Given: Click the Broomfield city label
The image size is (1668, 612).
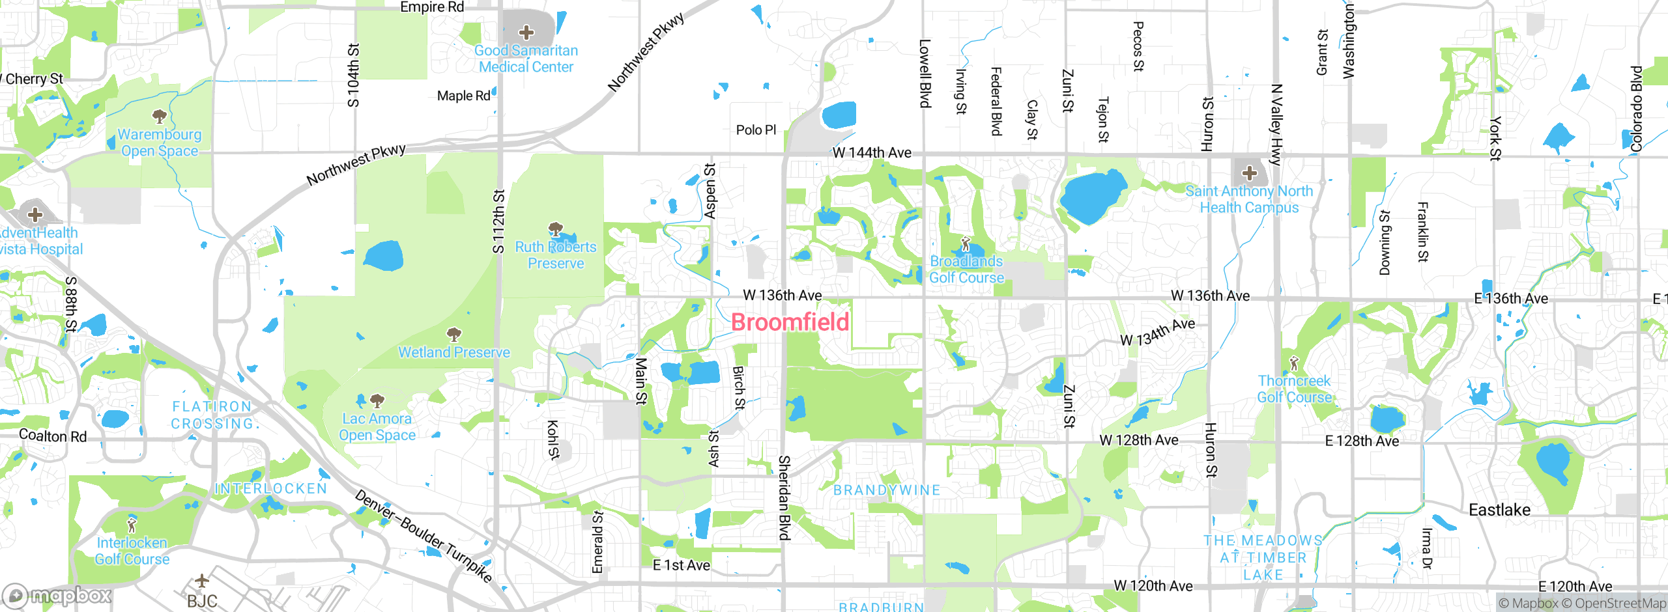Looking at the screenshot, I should tap(790, 322).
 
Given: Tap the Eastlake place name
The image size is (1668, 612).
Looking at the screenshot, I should tap(1499, 510).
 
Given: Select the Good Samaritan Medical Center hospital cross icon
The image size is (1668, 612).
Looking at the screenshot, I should tap(526, 33).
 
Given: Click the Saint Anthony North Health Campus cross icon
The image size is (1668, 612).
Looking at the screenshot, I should tap(1249, 173).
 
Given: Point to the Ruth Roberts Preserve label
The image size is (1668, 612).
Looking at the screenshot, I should tap(556, 255).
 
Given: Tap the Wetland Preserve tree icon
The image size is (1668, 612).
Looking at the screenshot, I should tap(454, 335).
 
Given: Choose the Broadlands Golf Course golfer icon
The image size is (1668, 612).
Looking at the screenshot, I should tap(966, 244).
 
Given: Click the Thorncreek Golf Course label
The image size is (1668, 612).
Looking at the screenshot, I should tap(1294, 389).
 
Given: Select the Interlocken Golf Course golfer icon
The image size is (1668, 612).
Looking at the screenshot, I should tap(132, 525).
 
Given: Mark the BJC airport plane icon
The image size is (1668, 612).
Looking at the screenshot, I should tap(202, 580).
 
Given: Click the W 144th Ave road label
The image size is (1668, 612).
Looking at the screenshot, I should tap(872, 152).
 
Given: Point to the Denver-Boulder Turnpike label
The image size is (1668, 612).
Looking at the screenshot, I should tap(423, 535).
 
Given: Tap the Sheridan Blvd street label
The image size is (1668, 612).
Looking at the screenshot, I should tap(784, 497).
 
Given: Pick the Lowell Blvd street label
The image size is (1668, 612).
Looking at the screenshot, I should tap(925, 73).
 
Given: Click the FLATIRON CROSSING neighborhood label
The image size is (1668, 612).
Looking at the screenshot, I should tap(212, 415).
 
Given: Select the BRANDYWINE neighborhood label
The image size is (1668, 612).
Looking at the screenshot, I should tap(887, 490).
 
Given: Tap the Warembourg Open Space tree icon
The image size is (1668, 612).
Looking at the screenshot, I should tap(159, 117).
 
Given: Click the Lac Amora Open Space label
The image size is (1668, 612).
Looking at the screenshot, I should tap(377, 427).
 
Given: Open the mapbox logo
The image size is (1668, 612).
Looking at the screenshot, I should tap(57, 595).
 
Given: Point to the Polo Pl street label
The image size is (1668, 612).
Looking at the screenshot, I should tap(756, 130).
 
